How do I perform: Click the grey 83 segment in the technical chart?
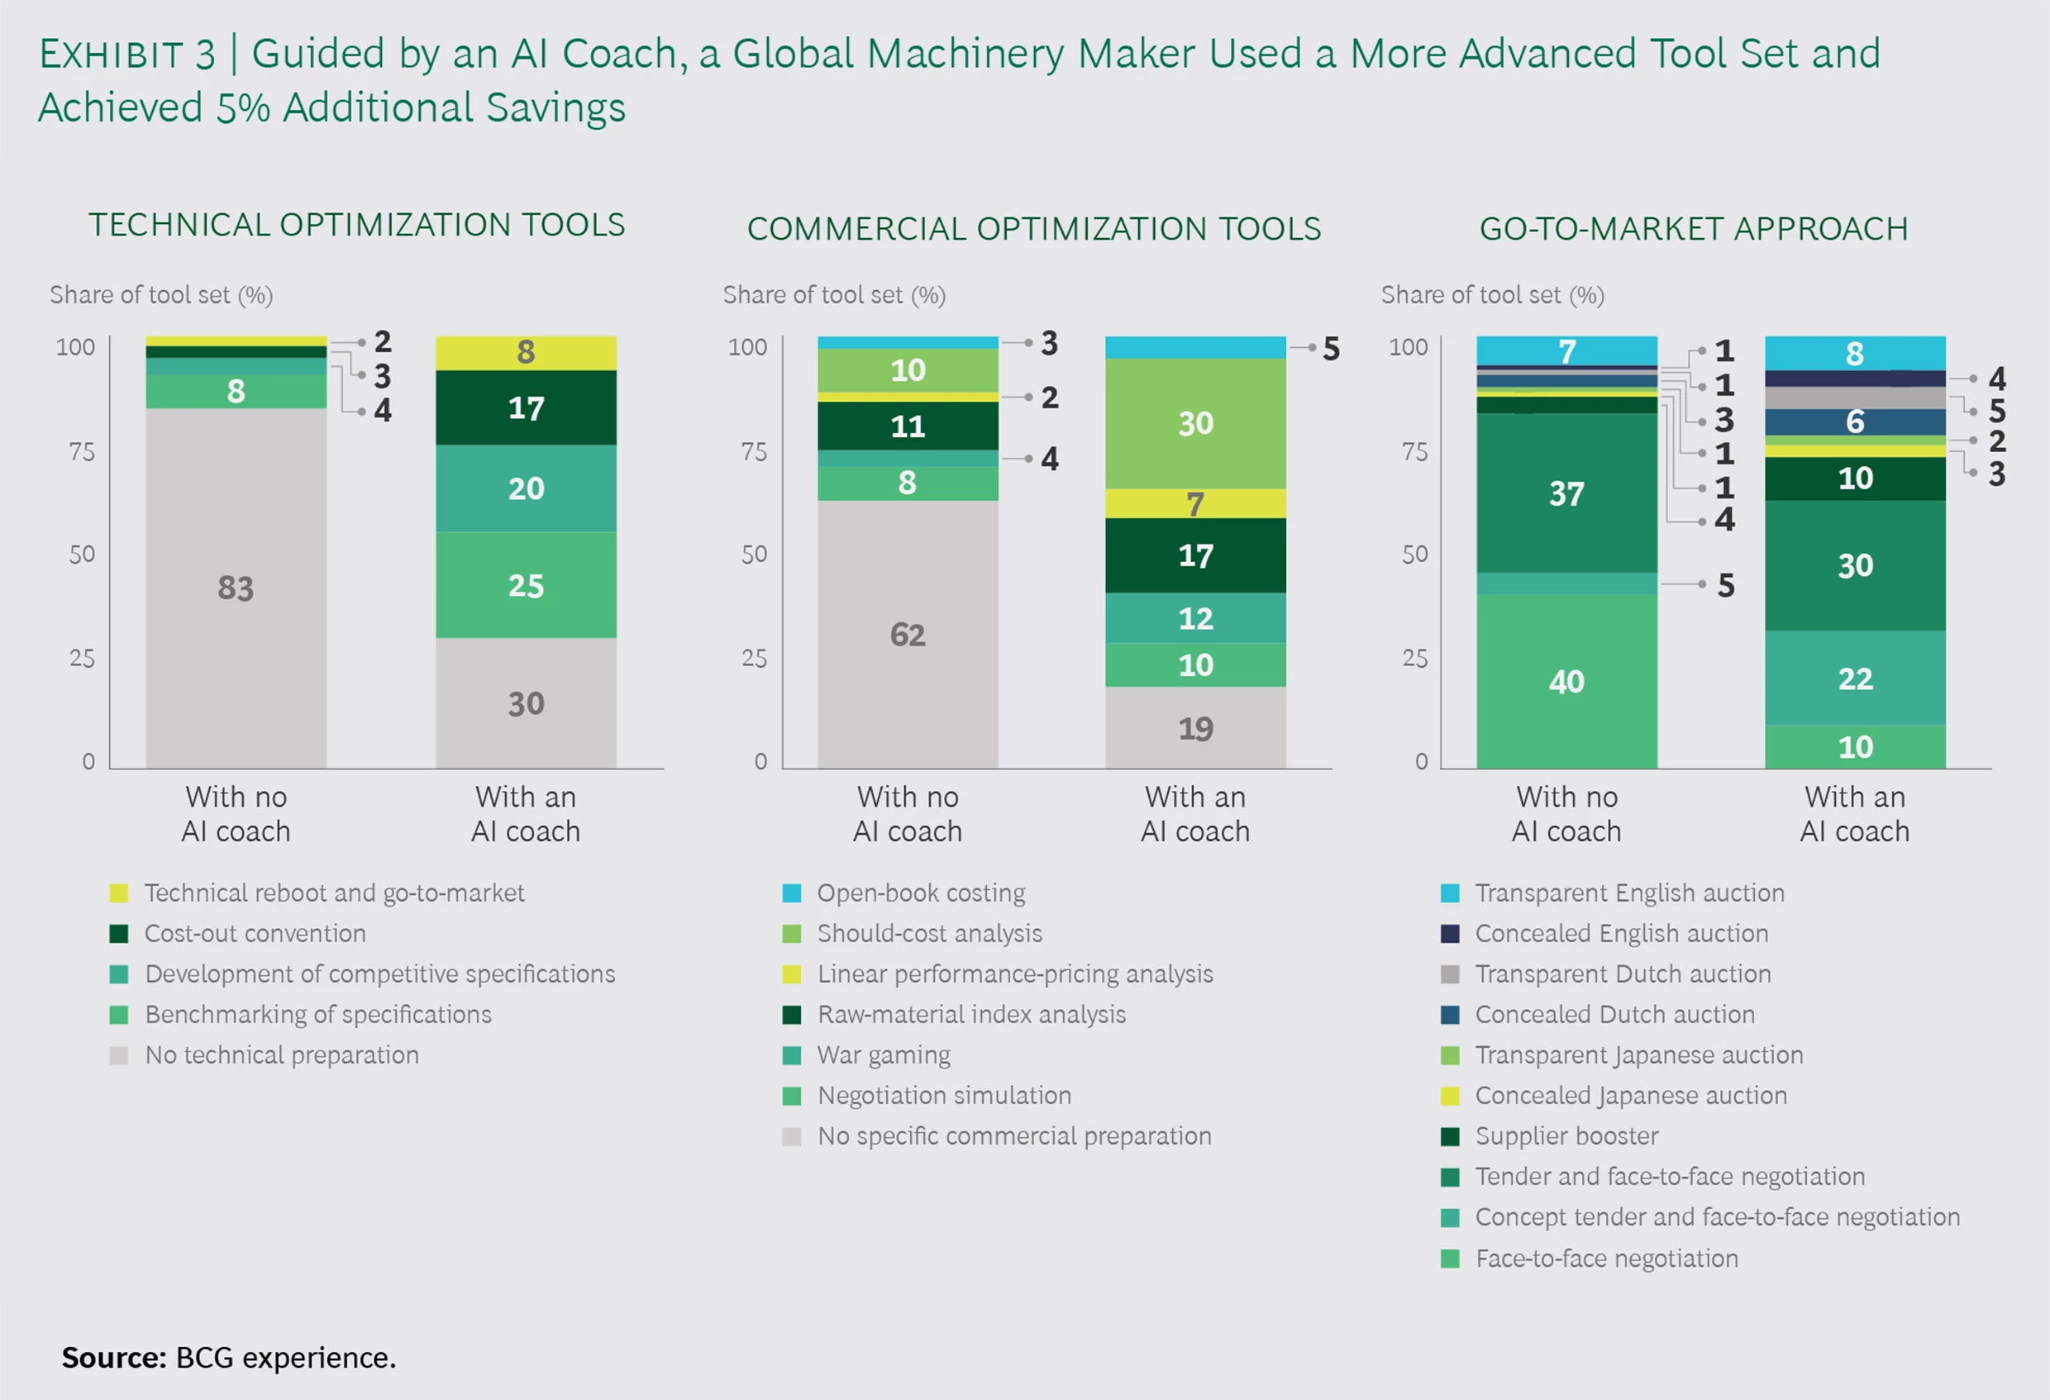[236, 588]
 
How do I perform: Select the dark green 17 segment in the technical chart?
[526, 407]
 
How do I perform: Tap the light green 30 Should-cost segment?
[1195, 423]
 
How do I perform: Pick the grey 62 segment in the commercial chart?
[908, 634]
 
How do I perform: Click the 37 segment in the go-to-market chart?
[1566, 493]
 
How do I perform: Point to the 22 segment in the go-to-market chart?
[1855, 679]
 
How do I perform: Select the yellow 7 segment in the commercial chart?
[1195, 503]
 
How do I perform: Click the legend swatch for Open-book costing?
[792, 893]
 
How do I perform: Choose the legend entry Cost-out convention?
[255, 933]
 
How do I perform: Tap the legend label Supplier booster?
[1566, 1136]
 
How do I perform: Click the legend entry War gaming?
[884, 1055]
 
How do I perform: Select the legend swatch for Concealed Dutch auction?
[1449, 1015]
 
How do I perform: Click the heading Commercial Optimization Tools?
[1034, 228]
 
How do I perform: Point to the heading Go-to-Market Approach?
[1694, 228]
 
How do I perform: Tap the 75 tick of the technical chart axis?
[82, 452]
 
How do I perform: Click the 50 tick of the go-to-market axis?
[1415, 554]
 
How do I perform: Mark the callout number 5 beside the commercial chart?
[1331, 349]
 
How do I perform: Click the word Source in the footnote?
[114, 1357]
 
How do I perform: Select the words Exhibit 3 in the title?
[127, 55]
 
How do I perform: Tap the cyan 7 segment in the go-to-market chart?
[1566, 351]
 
